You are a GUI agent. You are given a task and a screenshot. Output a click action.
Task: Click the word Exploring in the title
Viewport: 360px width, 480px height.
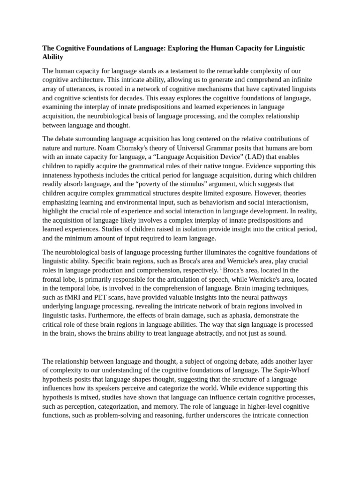pos(184,48)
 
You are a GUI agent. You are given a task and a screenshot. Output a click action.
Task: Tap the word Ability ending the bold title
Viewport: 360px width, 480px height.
pos(52,57)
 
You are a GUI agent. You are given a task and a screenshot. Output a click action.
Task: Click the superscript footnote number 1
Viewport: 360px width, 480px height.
pos(221,269)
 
